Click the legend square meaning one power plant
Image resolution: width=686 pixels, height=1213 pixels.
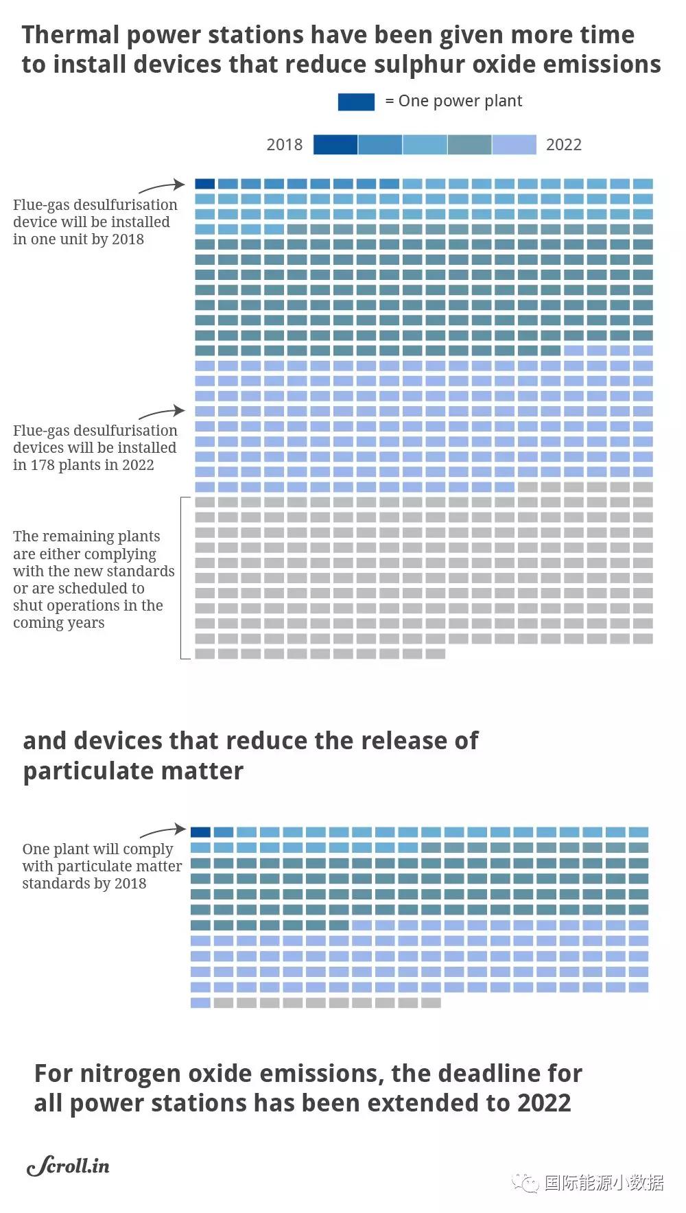click(x=356, y=102)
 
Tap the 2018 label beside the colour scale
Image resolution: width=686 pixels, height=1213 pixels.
click(x=284, y=145)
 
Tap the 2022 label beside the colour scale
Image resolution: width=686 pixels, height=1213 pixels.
click(x=563, y=145)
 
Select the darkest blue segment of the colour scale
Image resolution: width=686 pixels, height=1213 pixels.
click(x=335, y=145)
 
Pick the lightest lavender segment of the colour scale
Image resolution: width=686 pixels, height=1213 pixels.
click(x=514, y=145)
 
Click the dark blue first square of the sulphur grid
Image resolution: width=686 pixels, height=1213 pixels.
click(x=204, y=184)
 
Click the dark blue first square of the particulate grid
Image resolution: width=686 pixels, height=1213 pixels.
click(x=200, y=832)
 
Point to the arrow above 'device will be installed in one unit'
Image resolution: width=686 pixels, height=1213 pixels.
click(x=162, y=187)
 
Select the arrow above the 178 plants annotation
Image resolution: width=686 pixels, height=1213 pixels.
click(x=162, y=413)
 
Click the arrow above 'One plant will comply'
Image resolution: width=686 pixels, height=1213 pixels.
click(x=163, y=832)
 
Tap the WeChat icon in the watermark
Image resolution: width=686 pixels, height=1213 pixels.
click(x=525, y=1183)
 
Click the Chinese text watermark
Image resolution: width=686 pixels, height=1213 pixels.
click(x=604, y=1183)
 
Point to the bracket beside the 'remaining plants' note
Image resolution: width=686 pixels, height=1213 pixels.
click(x=182, y=578)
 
